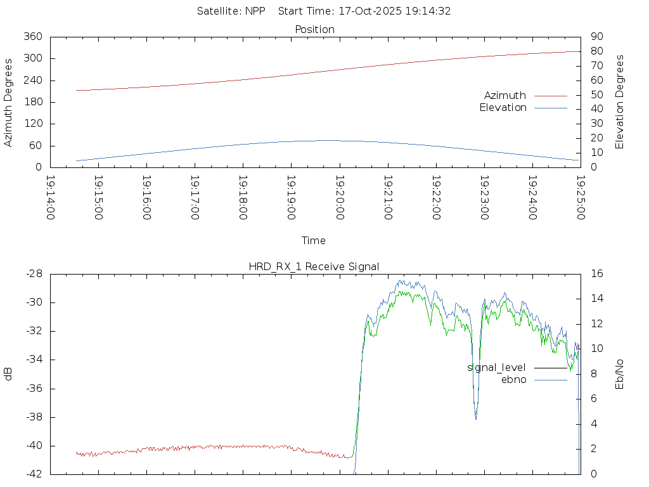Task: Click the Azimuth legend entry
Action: (x=505, y=96)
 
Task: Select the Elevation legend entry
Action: (x=503, y=108)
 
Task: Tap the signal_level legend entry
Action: (x=496, y=368)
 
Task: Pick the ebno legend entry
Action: (x=513, y=380)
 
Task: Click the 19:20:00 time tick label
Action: (x=340, y=198)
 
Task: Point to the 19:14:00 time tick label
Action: (x=51, y=198)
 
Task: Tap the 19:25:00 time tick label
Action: (x=581, y=198)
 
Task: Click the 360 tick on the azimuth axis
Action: (x=32, y=37)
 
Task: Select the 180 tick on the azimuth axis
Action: (x=32, y=102)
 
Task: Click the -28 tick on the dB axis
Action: (x=34, y=274)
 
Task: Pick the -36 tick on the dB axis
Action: (x=34, y=389)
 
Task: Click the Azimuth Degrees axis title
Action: (x=8, y=102)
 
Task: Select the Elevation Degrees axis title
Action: (x=620, y=102)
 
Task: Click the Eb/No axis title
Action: (x=620, y=374)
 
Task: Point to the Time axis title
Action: (x=314, y=241)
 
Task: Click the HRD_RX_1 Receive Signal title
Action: (x=314, y=266)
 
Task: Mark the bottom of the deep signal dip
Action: (x=476, y=418)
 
